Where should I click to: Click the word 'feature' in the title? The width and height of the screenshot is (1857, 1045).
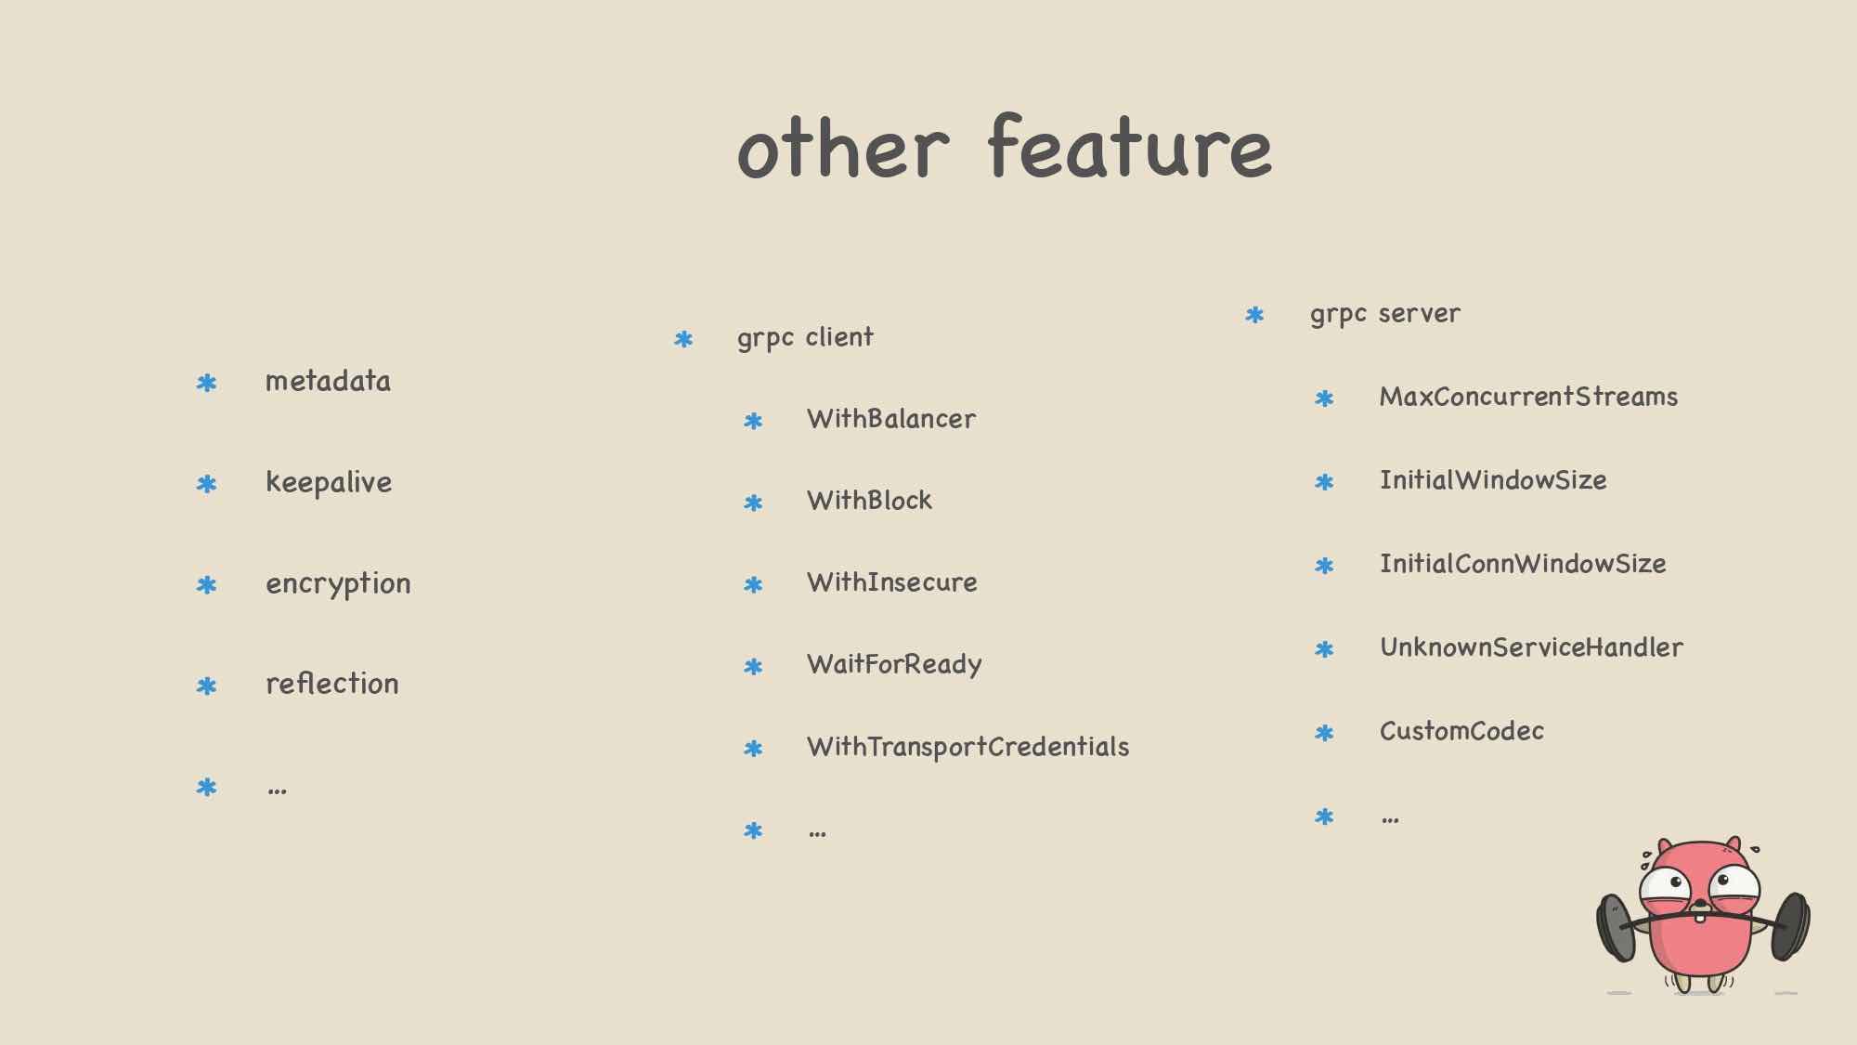(x=1130, y=147)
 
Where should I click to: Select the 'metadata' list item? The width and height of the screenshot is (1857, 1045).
(x=328, y=381)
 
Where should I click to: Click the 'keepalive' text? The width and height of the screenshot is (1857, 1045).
(x=329, y=482)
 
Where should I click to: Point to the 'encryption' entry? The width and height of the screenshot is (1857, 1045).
(x=338, y=584)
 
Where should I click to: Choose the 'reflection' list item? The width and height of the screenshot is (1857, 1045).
(x=331, y=684)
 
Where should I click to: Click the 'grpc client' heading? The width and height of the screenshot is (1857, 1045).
(x=805, y=337)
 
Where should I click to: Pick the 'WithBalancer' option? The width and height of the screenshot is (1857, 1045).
(x=891, y=419)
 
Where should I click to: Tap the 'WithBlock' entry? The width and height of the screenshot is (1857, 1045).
(x=869, y=501)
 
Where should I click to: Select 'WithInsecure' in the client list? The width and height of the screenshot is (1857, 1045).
(x=892, y=582)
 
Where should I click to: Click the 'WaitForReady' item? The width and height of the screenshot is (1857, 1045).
(x=894, y=665)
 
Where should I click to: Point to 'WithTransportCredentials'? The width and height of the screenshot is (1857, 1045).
(x=967, y=747)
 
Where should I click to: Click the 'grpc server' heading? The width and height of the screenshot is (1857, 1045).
(x=1385, y=314)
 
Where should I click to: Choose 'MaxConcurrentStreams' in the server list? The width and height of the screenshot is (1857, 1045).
(x=1528, y=397)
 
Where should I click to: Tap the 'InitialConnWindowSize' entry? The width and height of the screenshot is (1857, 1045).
(x=1523, y=564)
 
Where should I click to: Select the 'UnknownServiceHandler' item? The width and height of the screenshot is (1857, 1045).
(x=1531, y=647)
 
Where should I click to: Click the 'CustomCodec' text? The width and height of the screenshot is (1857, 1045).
(x=1461, y=731)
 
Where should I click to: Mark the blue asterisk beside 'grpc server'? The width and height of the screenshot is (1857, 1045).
(x=1254, y=316)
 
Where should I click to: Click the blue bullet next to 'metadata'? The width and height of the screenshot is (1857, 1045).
(x=206, y=383)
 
